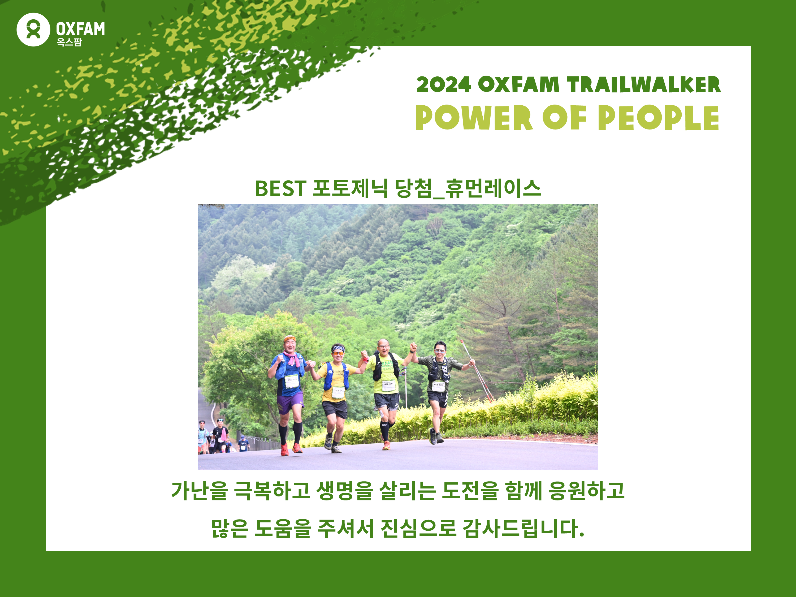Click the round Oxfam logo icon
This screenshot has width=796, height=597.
click(33, 29)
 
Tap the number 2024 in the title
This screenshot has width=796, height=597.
click(444, 85)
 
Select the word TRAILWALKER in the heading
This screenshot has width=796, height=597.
click(644, 85)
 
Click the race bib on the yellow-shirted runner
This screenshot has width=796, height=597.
click(338, 392)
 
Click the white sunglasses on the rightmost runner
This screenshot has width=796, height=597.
click(439, 351)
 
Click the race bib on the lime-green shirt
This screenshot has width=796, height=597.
click(388, 386)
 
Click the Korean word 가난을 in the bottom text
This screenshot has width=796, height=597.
click(199, 490)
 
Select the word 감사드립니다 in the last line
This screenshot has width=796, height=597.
click(523, 528)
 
